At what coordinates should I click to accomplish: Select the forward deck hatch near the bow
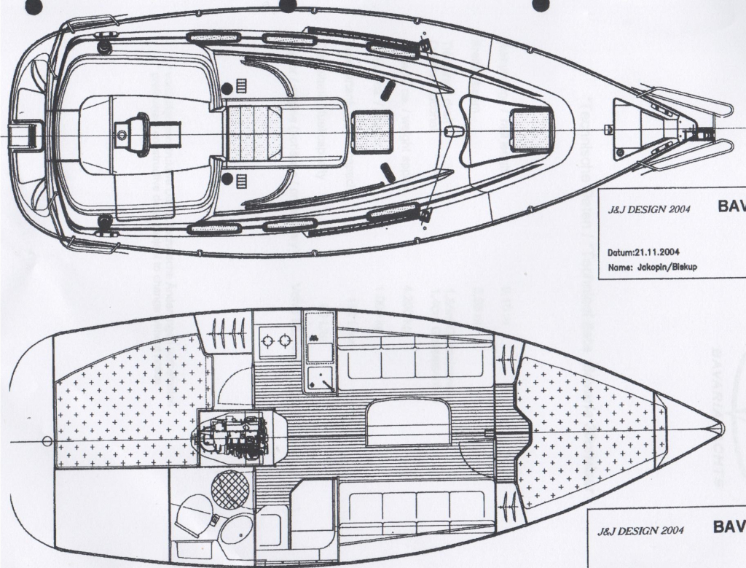click(530, 130)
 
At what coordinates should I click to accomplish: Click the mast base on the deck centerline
click(453, 131)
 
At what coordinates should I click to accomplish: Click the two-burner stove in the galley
click(278, 341)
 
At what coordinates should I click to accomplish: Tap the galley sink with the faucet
click(319, 376)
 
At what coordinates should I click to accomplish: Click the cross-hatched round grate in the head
click(230, 489)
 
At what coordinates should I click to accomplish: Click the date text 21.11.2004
click(643, 252)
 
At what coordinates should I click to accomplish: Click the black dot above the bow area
click(540, 5)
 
